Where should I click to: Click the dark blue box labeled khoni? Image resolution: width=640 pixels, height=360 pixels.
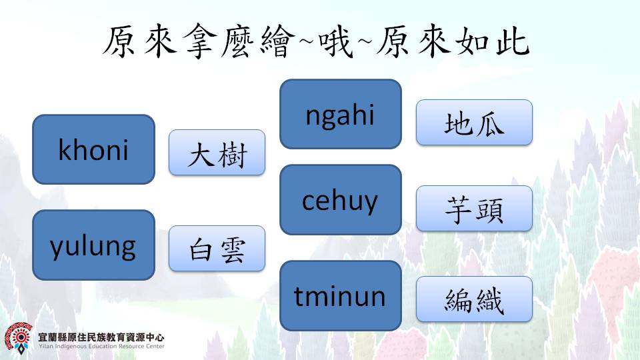tap(93, 149)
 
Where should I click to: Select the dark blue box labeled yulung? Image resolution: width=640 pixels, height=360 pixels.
tap(93, 245)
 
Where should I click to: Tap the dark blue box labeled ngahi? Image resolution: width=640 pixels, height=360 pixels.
tap(341, 114)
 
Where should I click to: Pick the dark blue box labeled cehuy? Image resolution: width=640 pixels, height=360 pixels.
tap(341, 199)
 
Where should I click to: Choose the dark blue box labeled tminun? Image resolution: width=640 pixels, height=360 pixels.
tap(341, 295)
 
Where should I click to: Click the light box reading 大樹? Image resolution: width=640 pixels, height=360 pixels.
tap(217, 153)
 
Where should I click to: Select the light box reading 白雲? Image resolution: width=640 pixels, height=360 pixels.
tap(217, 249)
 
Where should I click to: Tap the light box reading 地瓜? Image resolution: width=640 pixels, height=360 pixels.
tap(474, 123)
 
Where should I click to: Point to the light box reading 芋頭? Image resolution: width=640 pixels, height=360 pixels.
tap(474, 209)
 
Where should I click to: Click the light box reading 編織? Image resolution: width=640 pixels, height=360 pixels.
tap(474, 299)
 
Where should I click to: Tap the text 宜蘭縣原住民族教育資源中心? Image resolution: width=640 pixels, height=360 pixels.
tap(101, 337)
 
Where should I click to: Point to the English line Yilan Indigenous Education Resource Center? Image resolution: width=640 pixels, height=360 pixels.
tap(101, 346)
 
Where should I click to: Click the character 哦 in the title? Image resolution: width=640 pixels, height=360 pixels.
tap(335, 41)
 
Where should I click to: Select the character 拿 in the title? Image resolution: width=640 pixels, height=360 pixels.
tap(200, 41)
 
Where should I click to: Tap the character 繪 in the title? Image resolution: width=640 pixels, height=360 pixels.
tap(277, 41)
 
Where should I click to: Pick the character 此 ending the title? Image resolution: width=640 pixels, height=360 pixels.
tap(513, 41)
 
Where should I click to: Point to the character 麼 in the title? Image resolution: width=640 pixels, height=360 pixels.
tap(239, 41)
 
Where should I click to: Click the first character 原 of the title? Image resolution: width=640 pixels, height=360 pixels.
tap(120, 41)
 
